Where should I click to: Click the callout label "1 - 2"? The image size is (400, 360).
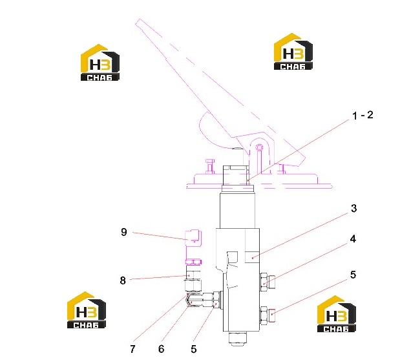[363, 115]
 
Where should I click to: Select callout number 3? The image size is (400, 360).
[353, 209]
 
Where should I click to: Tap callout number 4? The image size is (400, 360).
[353, 239]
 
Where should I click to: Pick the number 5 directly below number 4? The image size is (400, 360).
[353, 275]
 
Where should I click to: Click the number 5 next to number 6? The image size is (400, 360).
[194, 349]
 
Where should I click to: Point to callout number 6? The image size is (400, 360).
[161, 349]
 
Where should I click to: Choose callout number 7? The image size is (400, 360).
[132, 349]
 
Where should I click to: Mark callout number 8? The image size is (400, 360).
[123, 281]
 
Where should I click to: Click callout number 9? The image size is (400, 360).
[123, 232]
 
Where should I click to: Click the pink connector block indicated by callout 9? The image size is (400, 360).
[193, 237]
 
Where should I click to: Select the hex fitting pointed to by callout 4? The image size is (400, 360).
[268, 282]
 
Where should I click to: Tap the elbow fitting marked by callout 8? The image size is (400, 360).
[194, 279]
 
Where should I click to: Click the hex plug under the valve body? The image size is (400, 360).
[238, 339]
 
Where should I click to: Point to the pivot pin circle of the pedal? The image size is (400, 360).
[259, 147]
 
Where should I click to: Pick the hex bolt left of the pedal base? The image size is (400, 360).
[210, 166]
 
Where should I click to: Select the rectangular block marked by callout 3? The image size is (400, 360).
[252, 257]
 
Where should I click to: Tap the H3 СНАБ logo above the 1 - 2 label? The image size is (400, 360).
[293, 52]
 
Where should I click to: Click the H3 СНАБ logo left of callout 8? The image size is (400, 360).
[87, 310]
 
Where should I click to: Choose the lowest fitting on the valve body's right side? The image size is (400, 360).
[268, 315]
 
